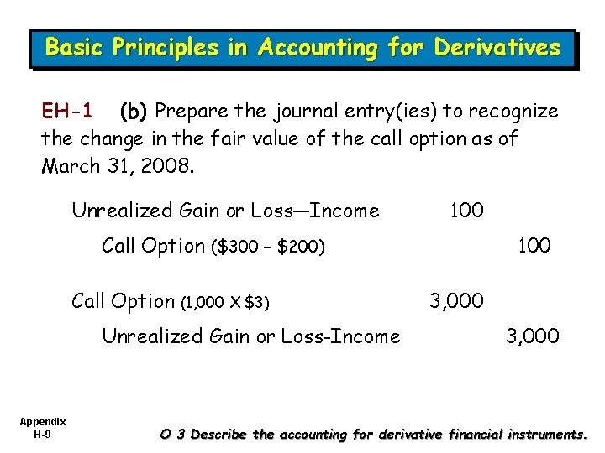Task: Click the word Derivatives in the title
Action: click(497, 48)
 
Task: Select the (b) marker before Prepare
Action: click(134, 111)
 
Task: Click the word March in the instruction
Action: click(71, 164)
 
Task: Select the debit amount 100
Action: click(466, 210)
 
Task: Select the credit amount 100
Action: click(534, 245)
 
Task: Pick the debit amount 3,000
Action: click(456, 300)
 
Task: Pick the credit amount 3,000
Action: click(533, 336)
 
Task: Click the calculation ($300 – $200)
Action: click(268, 247)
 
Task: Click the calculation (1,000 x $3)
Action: click(225, 301)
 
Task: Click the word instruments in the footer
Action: click(541, 435)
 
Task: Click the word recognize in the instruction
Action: click(514, 111)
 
